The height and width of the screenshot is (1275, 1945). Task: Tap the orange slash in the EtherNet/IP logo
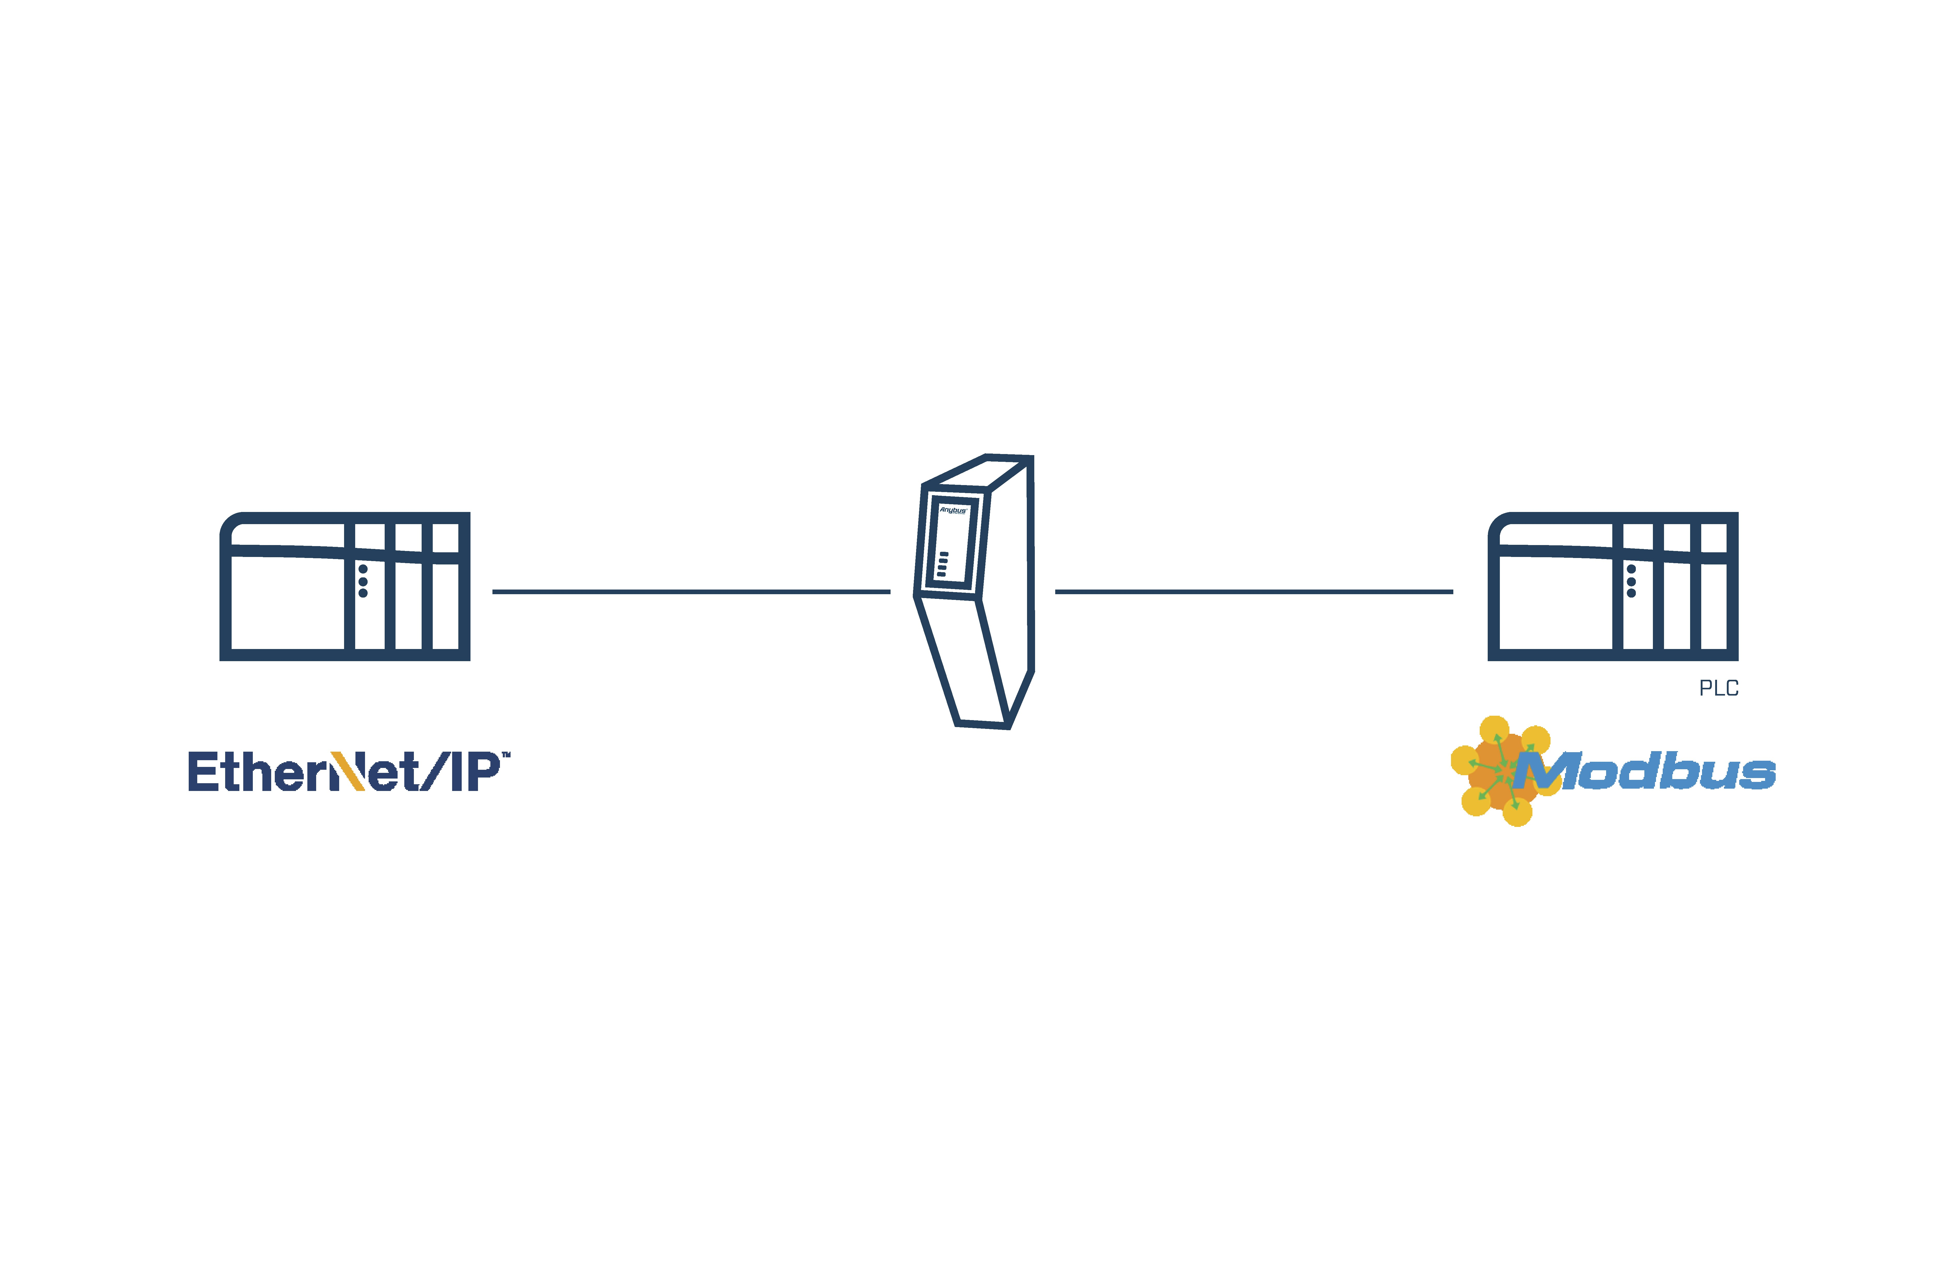coord(349,772)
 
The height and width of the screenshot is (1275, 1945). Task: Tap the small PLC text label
coord(1719,688)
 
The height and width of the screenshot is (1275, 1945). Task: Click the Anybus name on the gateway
coord(953,510)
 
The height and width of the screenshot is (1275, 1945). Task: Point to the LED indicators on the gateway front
coord(943,564)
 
